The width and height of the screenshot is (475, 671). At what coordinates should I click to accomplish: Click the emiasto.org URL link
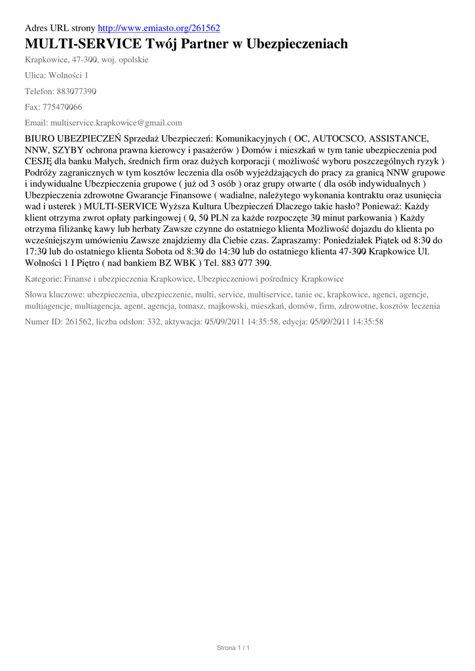coord(159,28)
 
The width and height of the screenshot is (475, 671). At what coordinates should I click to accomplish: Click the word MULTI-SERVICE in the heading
coord(83,45)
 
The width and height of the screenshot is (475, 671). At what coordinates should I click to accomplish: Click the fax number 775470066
coord(62,107)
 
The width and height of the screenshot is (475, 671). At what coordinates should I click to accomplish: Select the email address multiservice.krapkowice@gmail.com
coord(113,123)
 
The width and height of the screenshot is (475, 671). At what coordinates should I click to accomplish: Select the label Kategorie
coord(43,278)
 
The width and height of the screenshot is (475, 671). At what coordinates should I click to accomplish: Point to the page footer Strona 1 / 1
coord(234,648)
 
